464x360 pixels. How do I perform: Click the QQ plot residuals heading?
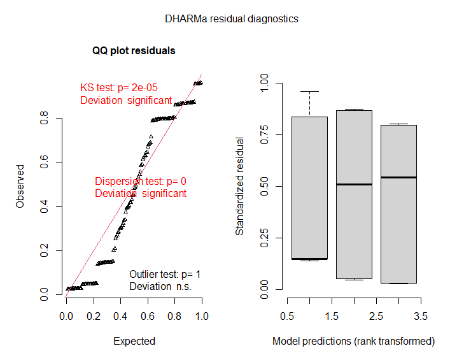tap(134, 50)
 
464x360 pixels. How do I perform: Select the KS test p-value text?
tap(118, 88)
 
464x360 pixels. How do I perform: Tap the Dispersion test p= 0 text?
tap(140, 181)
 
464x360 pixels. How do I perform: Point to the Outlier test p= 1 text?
tap(165, 274)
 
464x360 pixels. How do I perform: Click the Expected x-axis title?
tap(134, 341)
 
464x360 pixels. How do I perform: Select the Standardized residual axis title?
tap(240, 186)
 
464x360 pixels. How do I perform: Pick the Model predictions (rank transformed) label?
tap(353, 341)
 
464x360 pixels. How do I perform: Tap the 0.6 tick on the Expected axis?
tap(148, 316)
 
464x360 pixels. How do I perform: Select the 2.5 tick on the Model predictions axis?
tap(376, 316)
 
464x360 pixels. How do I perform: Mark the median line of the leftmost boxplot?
tap(309, 259)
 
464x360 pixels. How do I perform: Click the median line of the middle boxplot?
tap(354, 184)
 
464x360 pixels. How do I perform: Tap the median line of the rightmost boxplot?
tap(398, 177)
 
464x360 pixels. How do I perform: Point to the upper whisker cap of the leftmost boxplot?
tap(309, 92)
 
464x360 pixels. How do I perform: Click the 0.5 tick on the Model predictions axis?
tap(287, 316)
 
